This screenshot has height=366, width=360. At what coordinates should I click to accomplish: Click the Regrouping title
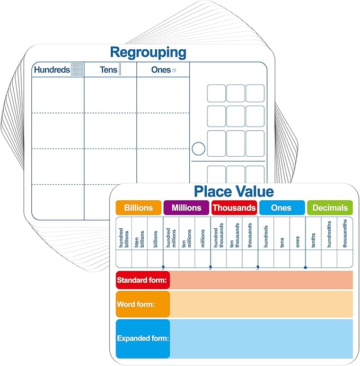click(148, 53)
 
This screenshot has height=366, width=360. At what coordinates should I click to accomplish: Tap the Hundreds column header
click(52, 69)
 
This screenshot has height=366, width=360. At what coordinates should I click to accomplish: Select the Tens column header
click(108, 69)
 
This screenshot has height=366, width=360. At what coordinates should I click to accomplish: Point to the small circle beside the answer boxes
click(198, 149)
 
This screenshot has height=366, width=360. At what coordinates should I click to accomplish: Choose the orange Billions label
click(138, 208)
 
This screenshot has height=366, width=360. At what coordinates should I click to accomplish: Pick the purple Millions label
click(187, 208)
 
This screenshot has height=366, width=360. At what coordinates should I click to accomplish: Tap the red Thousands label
click(234, 208)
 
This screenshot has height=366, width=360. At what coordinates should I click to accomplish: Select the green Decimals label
click(330, 208)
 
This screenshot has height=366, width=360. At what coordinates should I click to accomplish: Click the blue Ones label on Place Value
click(282, 208)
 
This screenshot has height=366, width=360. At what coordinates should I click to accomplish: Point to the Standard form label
click(142, 280)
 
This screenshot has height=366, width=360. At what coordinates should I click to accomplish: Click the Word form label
click(136, 304)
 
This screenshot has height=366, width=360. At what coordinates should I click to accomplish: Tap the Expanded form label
click(143, 338)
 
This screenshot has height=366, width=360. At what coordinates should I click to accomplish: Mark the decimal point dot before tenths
click(305, 267)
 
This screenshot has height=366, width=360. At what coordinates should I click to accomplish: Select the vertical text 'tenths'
click(313, 240)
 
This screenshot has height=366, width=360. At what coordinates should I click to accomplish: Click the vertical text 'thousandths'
click(345, 234)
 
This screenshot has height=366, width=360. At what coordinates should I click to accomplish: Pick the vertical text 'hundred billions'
click(124, 238)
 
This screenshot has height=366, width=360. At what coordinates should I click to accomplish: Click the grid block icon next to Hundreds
click(77, 69)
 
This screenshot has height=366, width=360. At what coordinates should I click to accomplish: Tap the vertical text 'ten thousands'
click(234, 235)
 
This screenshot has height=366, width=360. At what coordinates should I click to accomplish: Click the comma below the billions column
click(163, 267)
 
